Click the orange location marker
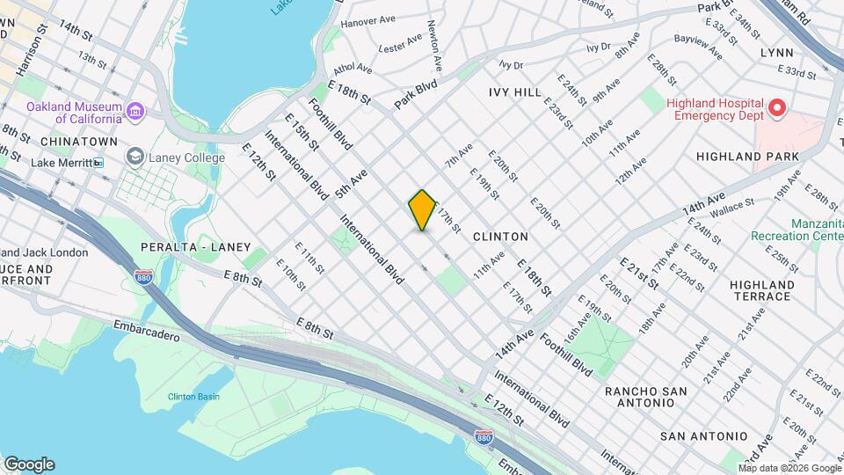click(x=423, y=210)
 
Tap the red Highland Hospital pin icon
click(x=777, y=109)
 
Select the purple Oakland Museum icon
click(x=135, y=112)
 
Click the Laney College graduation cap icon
click(x=135, y=157)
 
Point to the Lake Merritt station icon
click(x=98, y=163)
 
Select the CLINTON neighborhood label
click(x=500, y=237)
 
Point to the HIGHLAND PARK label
click(x=747, y=157)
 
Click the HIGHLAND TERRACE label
click(x=761, y=290)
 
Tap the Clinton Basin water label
click(x=193, y=397)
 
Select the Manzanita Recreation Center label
click(x=797, y=230)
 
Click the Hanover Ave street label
click(x=369, y=21)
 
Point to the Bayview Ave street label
click(x=697, y=46)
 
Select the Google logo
click(x=28, y=464)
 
